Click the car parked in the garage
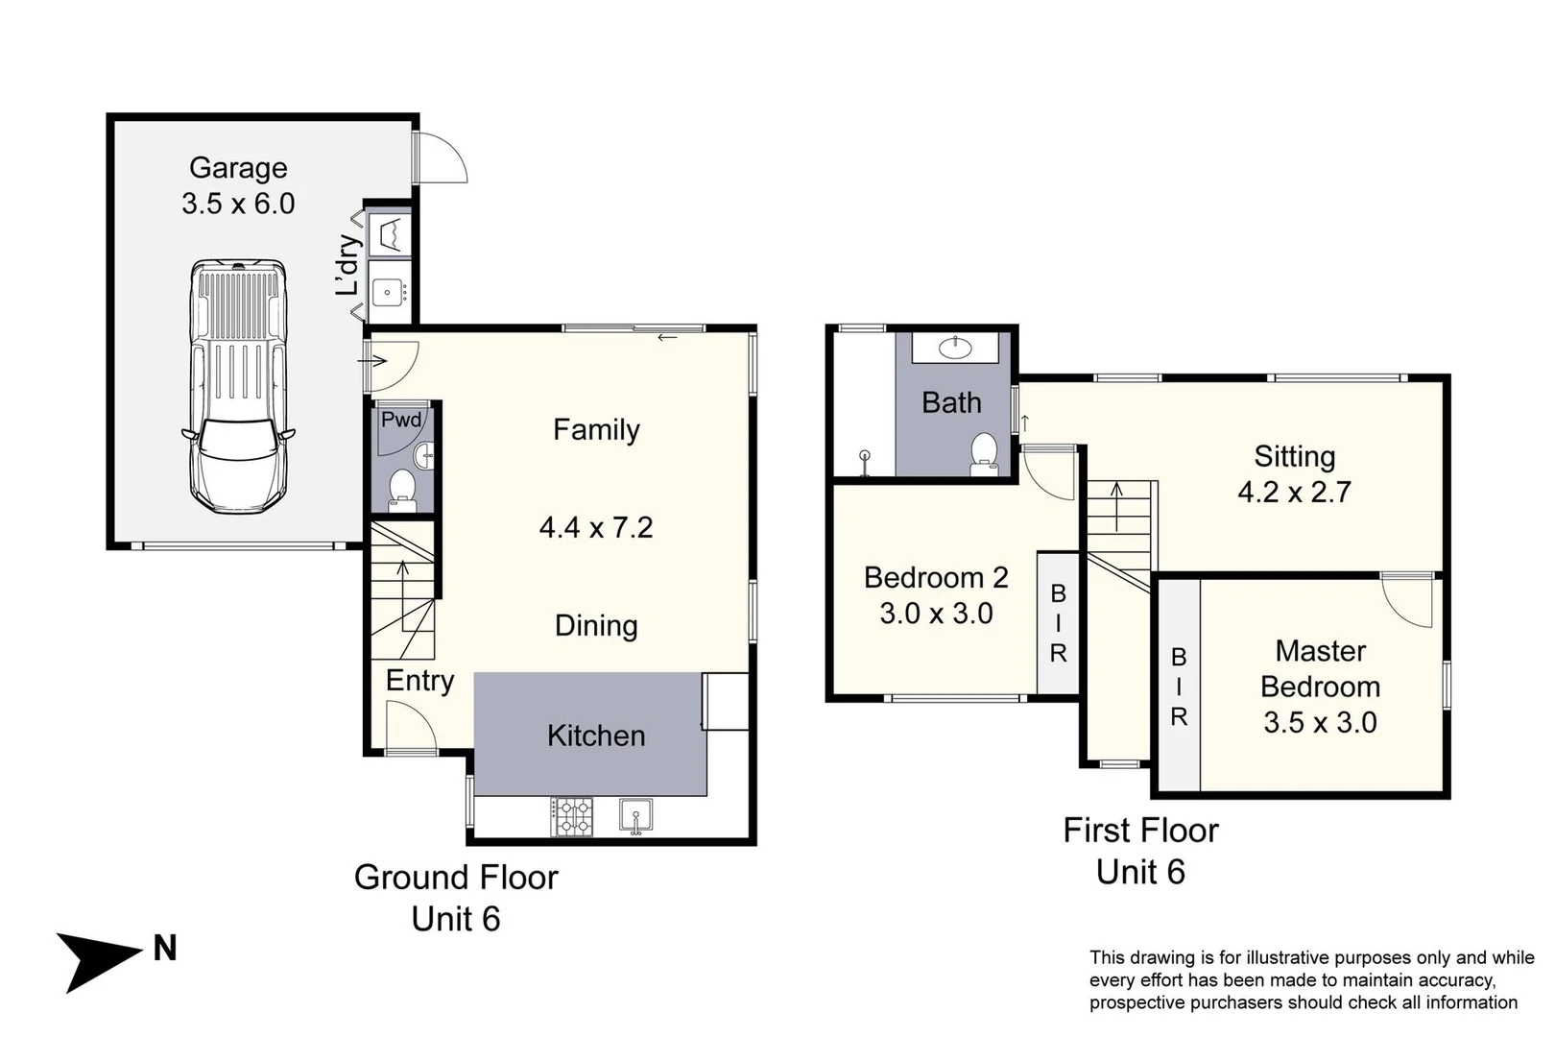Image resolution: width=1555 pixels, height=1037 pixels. [x=238, y=387]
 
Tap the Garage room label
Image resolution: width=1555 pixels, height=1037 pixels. [x=238, y=169]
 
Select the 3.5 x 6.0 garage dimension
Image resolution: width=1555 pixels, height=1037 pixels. [x=238, y=204]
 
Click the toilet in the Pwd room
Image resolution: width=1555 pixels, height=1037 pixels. [x=401, y=486]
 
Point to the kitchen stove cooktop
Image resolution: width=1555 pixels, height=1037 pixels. [x=572, y=816]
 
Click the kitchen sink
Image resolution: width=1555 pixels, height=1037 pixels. [x=635, y=815]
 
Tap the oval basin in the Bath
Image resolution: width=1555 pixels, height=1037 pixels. [x=956, y=347]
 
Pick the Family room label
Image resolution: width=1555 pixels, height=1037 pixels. [x=596, y=430]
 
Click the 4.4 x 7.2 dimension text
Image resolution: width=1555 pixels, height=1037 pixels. [x=596, y=528]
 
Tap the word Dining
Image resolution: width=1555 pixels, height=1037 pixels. [x=596, y=626]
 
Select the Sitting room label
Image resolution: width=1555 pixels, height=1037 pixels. [x=1295, y=457]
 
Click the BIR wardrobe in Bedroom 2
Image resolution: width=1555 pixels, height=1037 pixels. [x=1058, y=622]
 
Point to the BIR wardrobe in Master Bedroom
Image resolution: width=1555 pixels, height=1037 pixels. [x=1179, y=685]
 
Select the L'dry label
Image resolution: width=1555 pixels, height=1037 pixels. [x=347, y=265]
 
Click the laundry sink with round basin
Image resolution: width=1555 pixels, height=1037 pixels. [x=389, y=293]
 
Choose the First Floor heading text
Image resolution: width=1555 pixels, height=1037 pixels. [x=1140, y=831]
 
